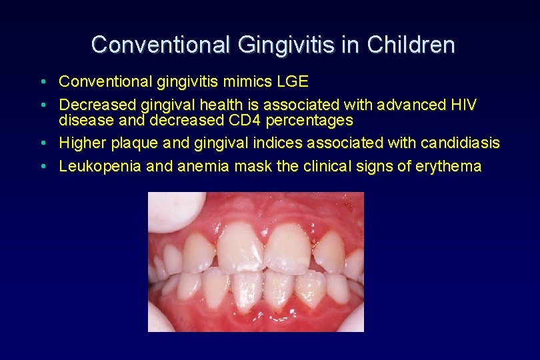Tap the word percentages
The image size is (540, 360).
[x=309, y=121]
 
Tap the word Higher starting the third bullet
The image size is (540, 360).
[x=79, y=143]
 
